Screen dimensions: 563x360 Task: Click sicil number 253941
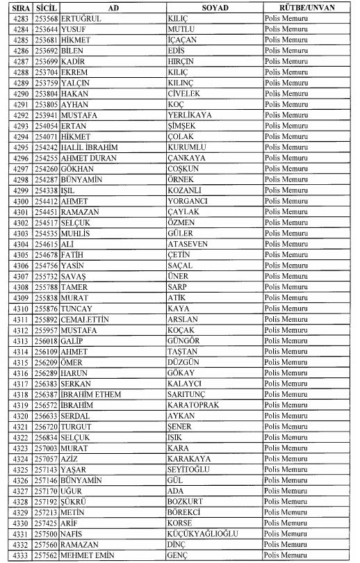pos(46,114)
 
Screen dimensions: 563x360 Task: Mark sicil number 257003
pos(46,448)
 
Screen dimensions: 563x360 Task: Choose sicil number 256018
pos(46,341)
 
